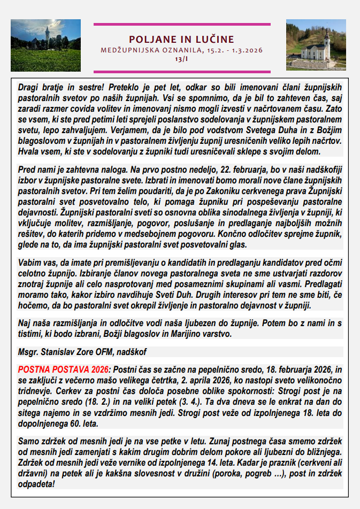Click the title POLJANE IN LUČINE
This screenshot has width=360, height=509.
coord(181,39)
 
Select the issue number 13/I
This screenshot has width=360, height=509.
coord(181,59)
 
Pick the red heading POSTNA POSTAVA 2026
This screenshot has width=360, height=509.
coord(63,370)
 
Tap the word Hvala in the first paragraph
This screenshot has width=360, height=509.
coord(29,151)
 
